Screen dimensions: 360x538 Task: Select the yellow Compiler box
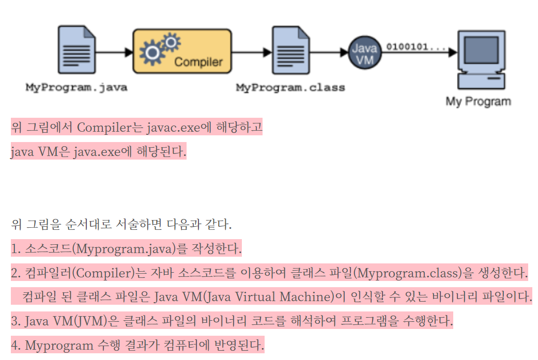click(x=182, y=52)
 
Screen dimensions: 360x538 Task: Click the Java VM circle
click(x=364, y=53)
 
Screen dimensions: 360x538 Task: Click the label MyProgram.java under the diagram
click(x=76, y=87)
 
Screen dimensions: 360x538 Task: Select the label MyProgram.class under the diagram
click(x=290, y=87)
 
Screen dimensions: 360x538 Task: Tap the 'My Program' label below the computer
click(x=478, y=101)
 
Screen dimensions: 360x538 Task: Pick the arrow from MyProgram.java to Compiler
click(x=115, y=52)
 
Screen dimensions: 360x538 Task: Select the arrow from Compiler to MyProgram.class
click(x=252, y=52)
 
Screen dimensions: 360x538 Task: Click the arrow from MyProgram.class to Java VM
click(x=328, y=52)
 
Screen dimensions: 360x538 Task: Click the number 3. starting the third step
click(x=15, y=321)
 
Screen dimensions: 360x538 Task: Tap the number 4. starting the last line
click(x=15, y=345)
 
